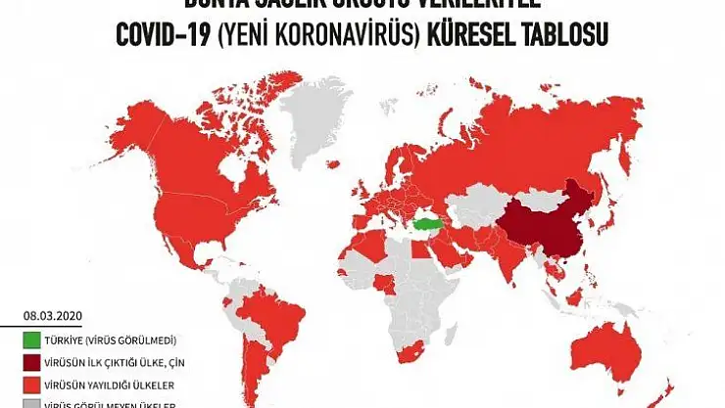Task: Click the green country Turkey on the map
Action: (x=428, y=224)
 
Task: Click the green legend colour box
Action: (x=33, y=340)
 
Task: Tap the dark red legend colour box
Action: (x=33, y=362)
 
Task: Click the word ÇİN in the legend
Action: (x=166, y=362)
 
